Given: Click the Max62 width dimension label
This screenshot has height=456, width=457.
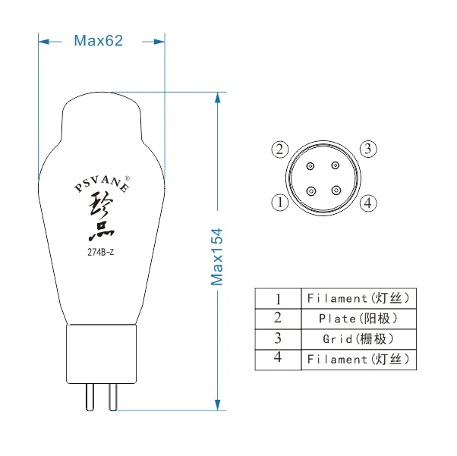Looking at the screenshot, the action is coord(98,40).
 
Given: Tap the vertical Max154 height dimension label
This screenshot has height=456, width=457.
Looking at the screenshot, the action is coord(217,256).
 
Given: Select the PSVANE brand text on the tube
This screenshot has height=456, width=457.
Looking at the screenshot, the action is coord(102,184).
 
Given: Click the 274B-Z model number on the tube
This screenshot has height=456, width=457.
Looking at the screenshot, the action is coord(100,252).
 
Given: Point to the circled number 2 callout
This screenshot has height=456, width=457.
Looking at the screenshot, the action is coord(280,149).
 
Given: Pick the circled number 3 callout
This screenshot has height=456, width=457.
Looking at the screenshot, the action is coord(368,149).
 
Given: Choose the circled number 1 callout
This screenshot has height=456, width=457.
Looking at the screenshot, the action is coord(280,203).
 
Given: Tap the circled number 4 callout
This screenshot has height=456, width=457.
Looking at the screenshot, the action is coord(368,203).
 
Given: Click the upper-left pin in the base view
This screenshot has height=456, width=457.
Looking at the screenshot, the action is coord(310,166).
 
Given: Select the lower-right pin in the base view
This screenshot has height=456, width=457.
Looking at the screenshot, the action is coord(336,190).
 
